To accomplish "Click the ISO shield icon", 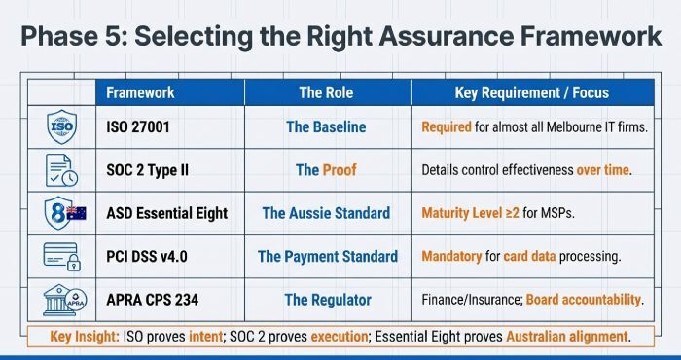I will pos(61,126).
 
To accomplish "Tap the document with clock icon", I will pos(61,169).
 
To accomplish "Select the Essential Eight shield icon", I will pos(61,212).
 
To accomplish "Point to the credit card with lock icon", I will pos(61,256).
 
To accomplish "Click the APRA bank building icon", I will pos(61,299).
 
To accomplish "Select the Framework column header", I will pos(140,92).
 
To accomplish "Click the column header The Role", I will pos(325,92).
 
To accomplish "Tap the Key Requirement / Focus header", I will pos(531,92).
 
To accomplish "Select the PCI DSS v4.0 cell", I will pos(145,257).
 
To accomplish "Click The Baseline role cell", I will pos(326,127).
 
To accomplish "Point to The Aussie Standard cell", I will pos(326,213).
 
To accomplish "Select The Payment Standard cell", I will pos(327,257).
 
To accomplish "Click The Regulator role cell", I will pos(326,300).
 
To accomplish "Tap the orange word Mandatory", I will pos(453,257).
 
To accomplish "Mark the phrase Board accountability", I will pos(585,300).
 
